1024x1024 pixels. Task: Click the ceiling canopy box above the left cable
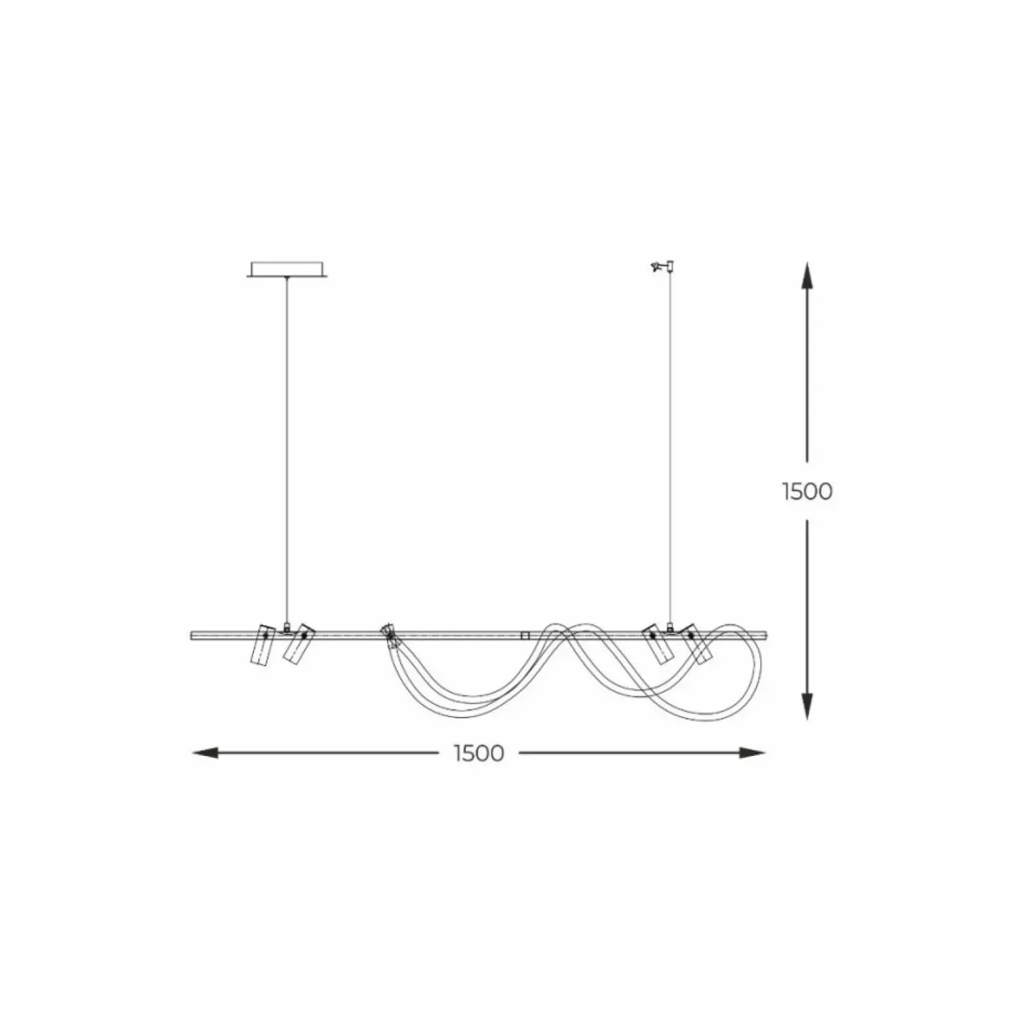click(287, 270)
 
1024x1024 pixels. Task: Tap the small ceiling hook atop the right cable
click(663, 266)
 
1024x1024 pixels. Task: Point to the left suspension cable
click(287, 450)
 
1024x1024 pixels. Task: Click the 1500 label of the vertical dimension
click(807, 491)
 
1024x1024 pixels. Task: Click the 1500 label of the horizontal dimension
click(479, 753)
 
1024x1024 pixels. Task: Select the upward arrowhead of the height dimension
click(807, 275)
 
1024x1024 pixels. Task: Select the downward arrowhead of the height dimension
click(807, 705)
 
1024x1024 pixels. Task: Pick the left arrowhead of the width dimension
click(205, 753)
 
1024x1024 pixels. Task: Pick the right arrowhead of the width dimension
click(752, 753)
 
